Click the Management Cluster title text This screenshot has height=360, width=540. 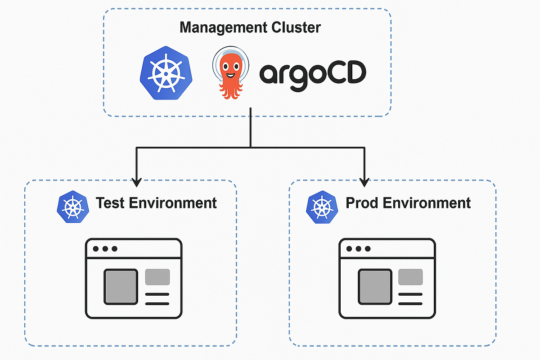coord(250,27)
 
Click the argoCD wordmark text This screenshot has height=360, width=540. coord(313,73)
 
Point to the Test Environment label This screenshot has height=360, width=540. coord(156,203)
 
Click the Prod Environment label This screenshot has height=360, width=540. coord(408,203)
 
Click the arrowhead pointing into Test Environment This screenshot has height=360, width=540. coord(136,182)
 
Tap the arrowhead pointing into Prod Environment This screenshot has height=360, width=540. coord(364,182)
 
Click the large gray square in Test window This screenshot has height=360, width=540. coord(121,286)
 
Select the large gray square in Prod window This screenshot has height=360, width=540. coord(374,286)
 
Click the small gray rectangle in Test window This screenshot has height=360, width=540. coord(157,277)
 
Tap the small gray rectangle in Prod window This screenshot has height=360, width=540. coord(410,277)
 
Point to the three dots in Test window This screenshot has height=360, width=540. coord(104,249)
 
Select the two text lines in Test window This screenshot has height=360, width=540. coord(157,299)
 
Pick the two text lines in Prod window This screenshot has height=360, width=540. coord(410,299)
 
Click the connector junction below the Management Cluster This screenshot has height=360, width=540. coord(251,147)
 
